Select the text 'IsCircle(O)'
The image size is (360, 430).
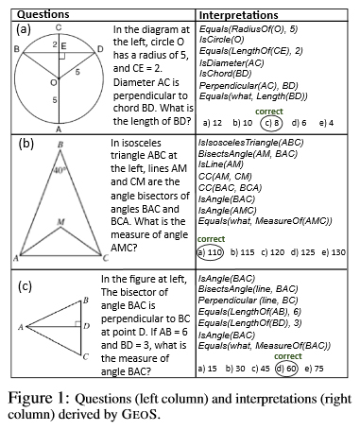click(x=223, y=43)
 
